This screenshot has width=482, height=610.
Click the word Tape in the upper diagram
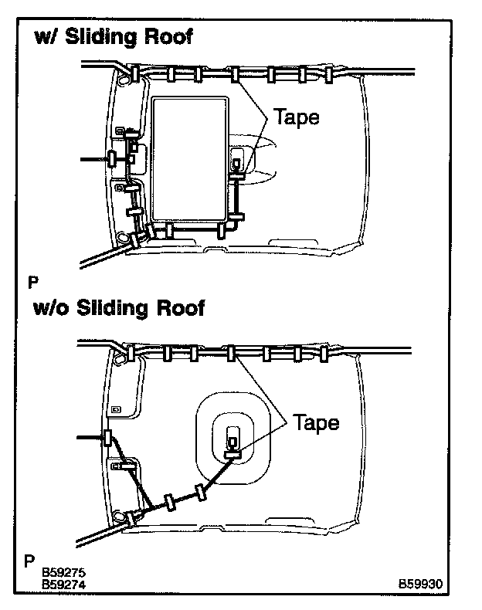297,118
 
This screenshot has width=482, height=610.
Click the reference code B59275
64,573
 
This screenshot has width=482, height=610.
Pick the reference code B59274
64,585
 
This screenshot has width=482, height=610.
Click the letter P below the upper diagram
32,281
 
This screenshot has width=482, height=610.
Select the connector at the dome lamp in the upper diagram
237,164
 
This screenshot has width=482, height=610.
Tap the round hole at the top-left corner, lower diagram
120,359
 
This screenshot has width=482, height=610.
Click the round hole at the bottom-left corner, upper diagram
121,238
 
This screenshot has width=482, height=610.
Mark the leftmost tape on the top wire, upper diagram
134,74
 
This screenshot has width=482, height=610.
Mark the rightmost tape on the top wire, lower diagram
328,354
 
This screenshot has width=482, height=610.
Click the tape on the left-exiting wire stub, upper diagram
111,159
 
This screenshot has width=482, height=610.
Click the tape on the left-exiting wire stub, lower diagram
107,439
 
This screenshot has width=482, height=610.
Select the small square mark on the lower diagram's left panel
116,408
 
